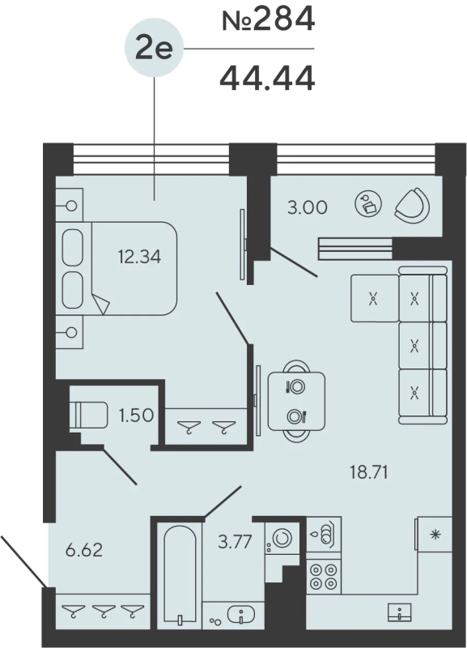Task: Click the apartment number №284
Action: pos(268,19)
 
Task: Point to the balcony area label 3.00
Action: pos(307,207)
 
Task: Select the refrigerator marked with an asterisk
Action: pos(435,535)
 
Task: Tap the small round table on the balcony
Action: pos(368,204)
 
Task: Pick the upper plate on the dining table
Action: pos(296,386)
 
